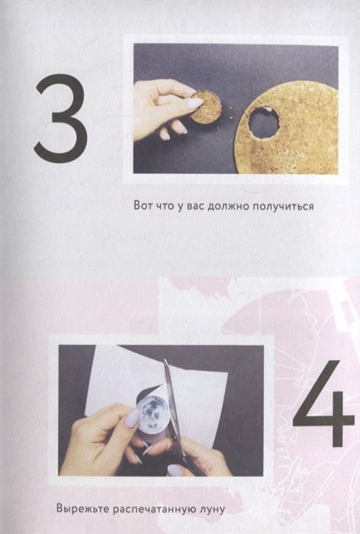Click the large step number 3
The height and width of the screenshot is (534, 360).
60,118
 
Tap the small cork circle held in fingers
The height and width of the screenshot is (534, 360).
204,108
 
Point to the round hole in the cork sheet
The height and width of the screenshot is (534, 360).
263,121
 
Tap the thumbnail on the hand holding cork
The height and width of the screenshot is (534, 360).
194,103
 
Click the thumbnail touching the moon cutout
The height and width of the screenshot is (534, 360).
132,418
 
